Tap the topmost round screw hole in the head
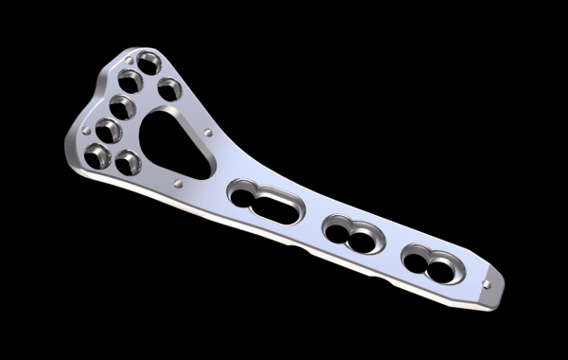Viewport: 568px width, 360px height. (x=150, y=66)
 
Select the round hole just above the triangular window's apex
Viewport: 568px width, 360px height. (x=169, y=89)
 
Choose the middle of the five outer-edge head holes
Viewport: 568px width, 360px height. (x=120, y=105)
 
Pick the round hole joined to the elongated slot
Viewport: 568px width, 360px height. (x=242, y=192)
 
